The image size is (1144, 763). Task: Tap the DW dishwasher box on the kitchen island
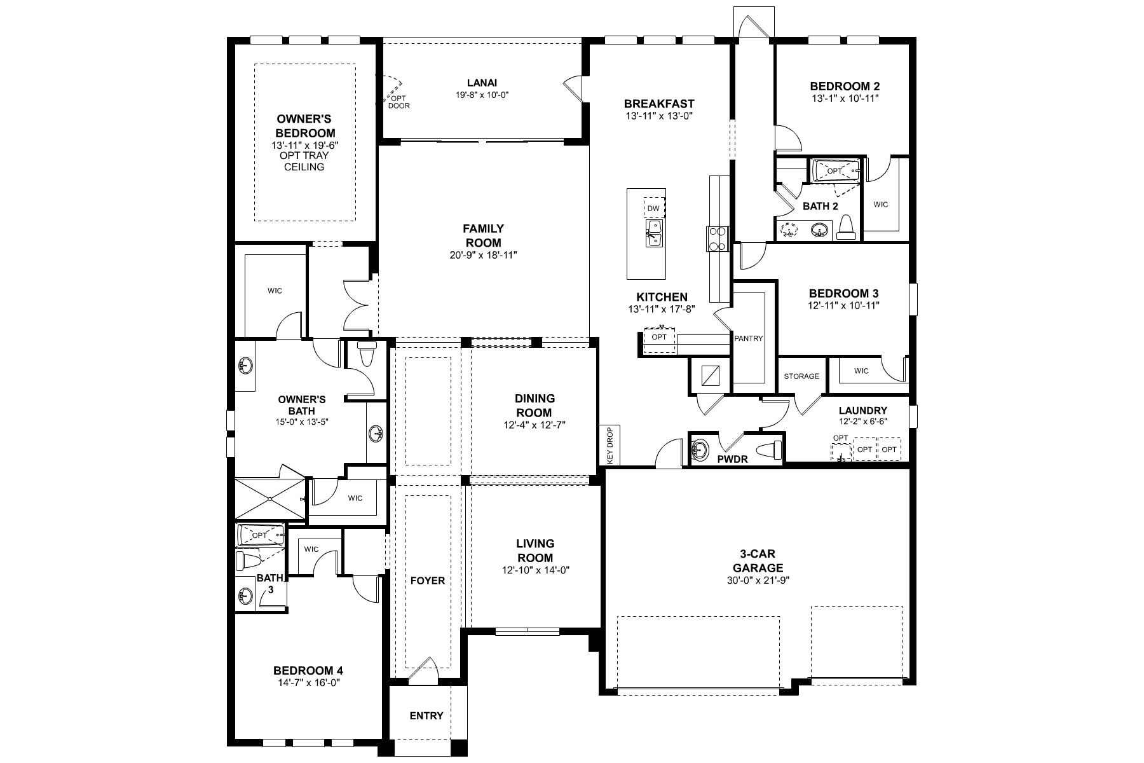[x=653, y=209]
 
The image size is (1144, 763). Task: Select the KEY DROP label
[x=609, y=445]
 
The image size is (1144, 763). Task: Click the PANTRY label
[x=748, y=338]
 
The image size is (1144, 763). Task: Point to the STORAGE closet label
[x=801, y=376]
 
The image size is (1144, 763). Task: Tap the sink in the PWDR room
[x=700, y=450]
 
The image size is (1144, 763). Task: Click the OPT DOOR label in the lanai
[x=398, y=102]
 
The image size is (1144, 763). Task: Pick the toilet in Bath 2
[x=846, y=227]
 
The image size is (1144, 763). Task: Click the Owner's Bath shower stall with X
[x=270, y=500]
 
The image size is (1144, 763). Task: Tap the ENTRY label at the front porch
[x=426, y=716]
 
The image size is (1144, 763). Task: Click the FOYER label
[x=428, y=581]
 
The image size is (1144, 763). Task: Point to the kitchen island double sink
[x=653, y=233]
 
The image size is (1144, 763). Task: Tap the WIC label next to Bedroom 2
[x=880, y=205]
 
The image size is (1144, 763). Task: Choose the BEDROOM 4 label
[x=308, y=671]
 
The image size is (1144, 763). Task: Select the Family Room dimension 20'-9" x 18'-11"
[x=483, y=255]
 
